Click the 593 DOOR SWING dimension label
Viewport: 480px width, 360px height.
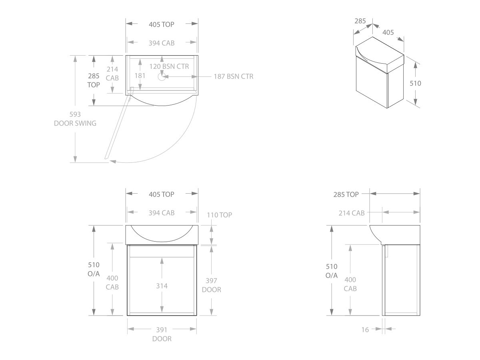pyautogui.click(x=75, y=119)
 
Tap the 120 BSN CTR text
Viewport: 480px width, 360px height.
pyautogui.click(x=169, y=66)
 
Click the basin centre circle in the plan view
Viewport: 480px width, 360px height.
pyautogui.click(x=162, y=76)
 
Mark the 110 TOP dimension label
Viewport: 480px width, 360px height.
pyautogui.click(x=219, y=215)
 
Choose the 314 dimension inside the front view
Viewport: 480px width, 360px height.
pyautogui.click(x=162, y=286)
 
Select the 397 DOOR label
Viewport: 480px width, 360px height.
pyautogui.click(x=211, y=285)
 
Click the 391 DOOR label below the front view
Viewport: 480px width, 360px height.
pyautogui.click(x=162, y=334)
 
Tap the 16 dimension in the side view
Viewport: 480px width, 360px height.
pyautogui.click(x=365, y=329)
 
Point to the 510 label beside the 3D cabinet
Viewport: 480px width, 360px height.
pyautogui.click(x=415, y=83)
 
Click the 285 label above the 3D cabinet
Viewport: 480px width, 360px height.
pyautogui.click(x=360, y=21)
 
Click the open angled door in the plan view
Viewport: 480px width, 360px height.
pyautogui.click(x=118, y=128)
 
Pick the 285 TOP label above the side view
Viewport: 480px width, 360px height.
pyautogui.click(x=346, y=194)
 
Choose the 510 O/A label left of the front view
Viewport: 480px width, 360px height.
pyautogui.click(x=94, y=269)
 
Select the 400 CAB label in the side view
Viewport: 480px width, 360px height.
pyautogui.click(x=350, y=284)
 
